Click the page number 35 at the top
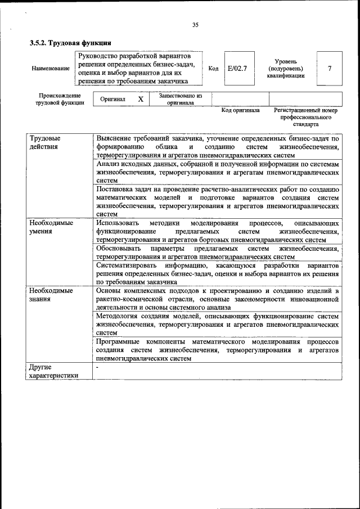tap(196, 25)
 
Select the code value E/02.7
tap(237, 69)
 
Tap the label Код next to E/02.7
tap(213, 69)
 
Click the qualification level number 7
tap(330, 69)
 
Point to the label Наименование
tap(51, 69)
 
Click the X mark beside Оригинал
tap(141, 99)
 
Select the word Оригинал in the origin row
tap(112, 99)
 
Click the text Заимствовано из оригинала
tap(180, 99)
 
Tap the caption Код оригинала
tap(240, 111)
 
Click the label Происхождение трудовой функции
tap(60, 99)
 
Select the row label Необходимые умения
tap(51, 227)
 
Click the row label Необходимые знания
tap(51, 295)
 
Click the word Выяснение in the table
tap(115, 138)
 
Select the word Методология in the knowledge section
tap(118, 316)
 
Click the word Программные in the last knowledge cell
tap(118, 342)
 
